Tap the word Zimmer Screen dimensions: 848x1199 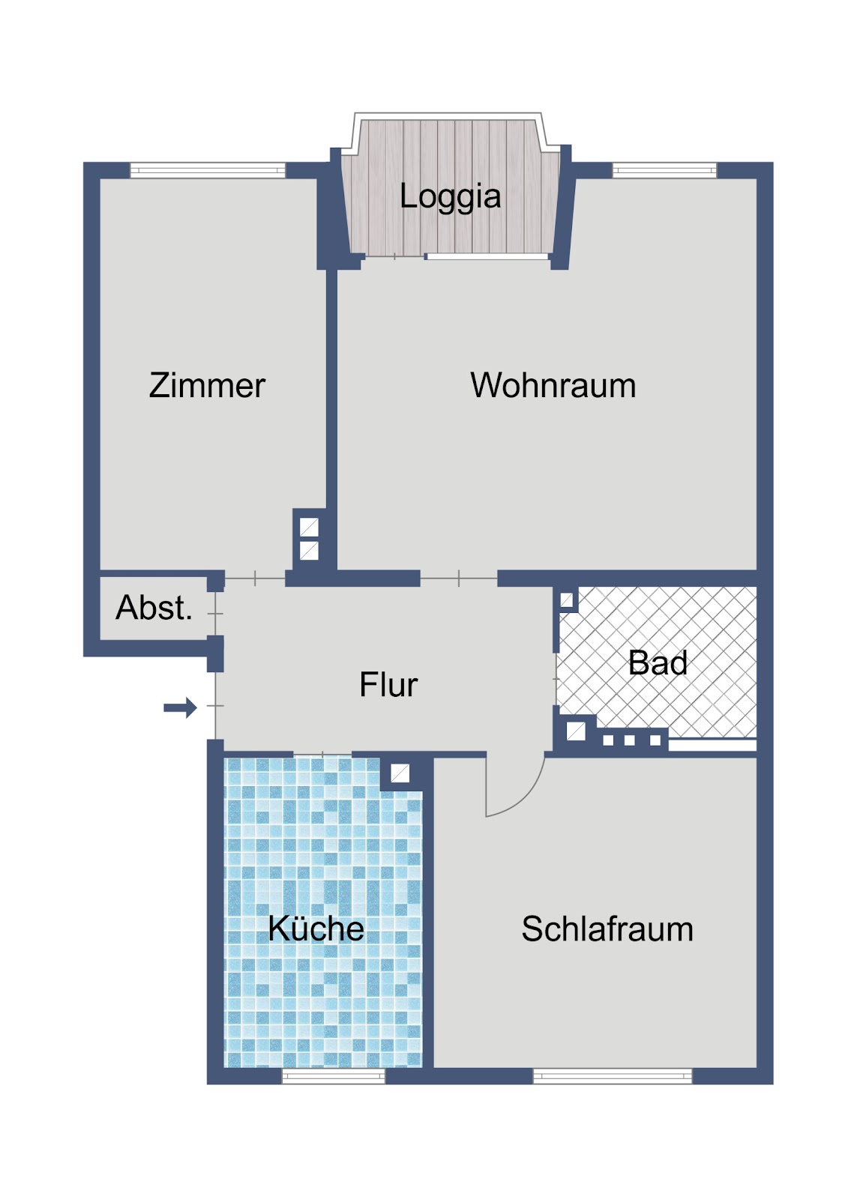point(207,385)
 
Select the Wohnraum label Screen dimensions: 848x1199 point(553,385)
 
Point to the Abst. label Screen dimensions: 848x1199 point(154,608)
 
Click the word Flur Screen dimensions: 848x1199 point(388,684)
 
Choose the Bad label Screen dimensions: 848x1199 point(658,662)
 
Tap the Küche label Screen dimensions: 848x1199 point(316,928)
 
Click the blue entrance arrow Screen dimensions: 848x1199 point(180,707)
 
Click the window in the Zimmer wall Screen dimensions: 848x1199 point(208,170)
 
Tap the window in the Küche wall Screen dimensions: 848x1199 point(333,1076)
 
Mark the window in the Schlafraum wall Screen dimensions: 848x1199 point(613,1076)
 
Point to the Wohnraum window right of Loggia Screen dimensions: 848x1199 point(664,170)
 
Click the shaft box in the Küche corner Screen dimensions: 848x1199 point(400,773)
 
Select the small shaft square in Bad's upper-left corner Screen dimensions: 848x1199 point(566,600)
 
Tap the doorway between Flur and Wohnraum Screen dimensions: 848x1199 point(459,579)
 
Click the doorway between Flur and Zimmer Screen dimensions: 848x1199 point(254,579)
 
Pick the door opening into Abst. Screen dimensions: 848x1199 point(215,614)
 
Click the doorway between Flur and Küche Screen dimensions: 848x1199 point(322,754)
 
